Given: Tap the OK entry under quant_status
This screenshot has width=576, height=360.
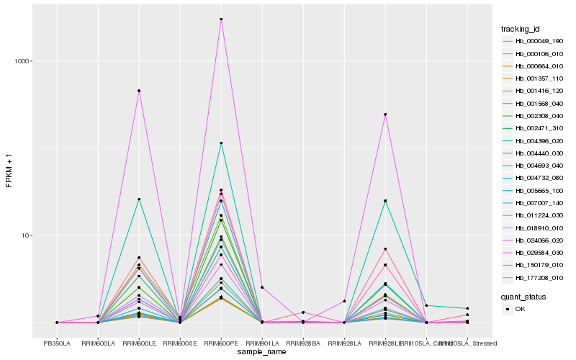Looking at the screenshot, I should [520, 309].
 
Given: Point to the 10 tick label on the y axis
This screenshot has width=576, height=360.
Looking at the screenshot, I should [24, 235].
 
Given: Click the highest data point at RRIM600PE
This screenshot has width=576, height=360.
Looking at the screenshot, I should [221, 19].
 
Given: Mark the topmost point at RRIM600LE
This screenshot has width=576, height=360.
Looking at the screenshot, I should [139, 91].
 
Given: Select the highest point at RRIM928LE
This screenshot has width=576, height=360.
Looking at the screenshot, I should [385, 114].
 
